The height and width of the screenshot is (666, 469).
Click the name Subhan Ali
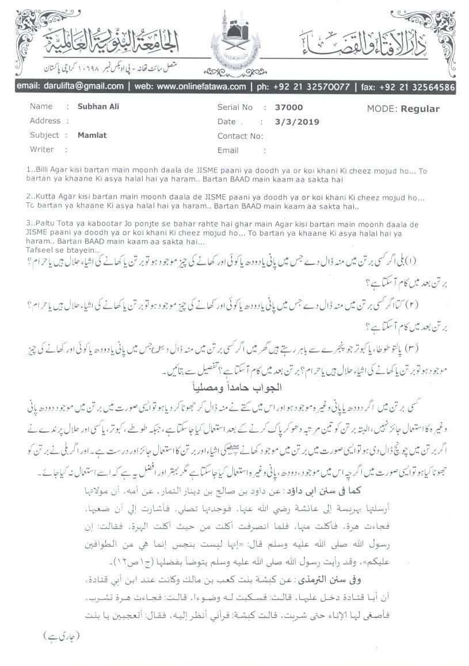98,106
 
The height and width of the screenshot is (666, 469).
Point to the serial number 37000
289,107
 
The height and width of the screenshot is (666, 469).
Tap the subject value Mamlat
92,135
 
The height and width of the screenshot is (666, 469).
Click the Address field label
45,121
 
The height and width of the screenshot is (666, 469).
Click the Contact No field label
240,136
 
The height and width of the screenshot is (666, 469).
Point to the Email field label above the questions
228,150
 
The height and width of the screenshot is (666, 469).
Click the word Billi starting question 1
43,171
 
